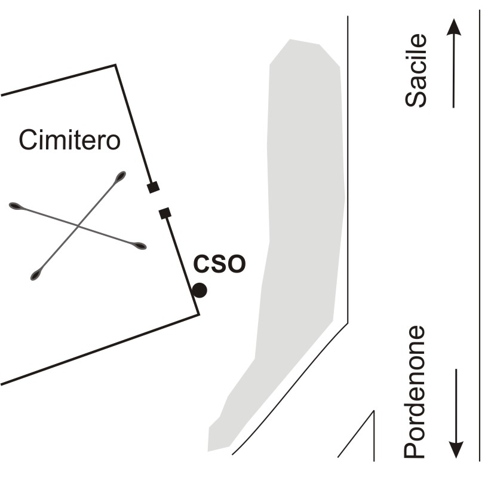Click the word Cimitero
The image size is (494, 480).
[69, 140]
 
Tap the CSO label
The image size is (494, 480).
[219, 264]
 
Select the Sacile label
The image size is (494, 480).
[416, 71]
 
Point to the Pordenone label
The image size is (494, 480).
[415, 392]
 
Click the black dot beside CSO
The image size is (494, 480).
[200, 291]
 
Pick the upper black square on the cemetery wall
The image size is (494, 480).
[154, 187]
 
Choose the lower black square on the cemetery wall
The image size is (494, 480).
[165, 212]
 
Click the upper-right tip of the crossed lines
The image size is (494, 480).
[121, 176]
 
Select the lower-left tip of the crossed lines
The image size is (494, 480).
[36, 276]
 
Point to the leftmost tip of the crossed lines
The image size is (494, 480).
[15, 206]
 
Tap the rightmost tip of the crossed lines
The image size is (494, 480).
[140, 245]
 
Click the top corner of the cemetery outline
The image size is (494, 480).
[115, 65]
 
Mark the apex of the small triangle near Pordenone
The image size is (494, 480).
[374, 411]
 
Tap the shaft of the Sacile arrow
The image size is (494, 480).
[454, 72]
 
